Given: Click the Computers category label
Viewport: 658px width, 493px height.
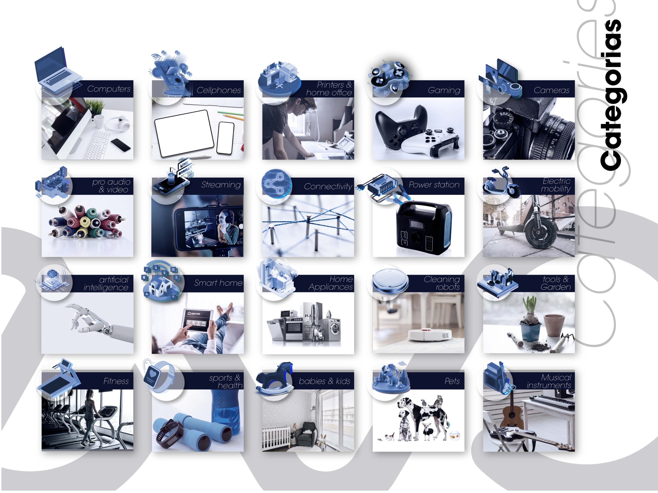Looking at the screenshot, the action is click(109, 89).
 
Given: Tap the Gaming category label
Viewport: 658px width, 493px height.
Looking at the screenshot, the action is click(444, 90).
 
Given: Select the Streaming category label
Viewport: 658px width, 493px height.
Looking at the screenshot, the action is click(221, 185).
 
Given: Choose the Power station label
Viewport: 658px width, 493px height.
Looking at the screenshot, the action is click(434, 185).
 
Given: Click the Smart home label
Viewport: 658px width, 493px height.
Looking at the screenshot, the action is click(218, 283).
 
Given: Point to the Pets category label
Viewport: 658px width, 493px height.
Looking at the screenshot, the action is click(452, 381).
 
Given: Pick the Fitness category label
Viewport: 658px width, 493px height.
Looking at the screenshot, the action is click(116, 381).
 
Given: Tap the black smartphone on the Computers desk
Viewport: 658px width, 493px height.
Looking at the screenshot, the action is click(121, 145).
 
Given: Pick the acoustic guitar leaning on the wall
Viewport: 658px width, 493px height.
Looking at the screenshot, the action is click(511, 413).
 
